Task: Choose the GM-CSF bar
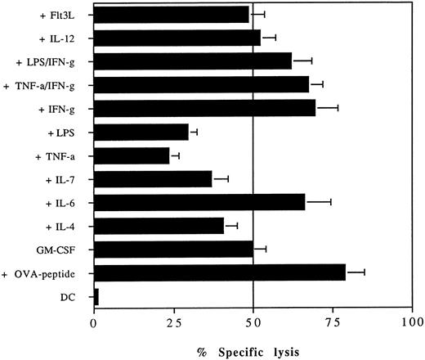click(173, 248)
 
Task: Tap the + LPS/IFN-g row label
click(46, 61)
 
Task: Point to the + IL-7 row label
click(65, 177)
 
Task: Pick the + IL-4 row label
click(65, 223)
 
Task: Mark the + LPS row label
click(66, 131)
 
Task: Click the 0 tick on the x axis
click(95, 322)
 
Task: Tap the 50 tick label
click(253, 322)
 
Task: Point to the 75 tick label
click(333, 322)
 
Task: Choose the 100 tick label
click(411, 322)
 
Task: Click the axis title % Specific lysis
click(253, 349)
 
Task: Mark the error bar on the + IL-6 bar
click(318, 201)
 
